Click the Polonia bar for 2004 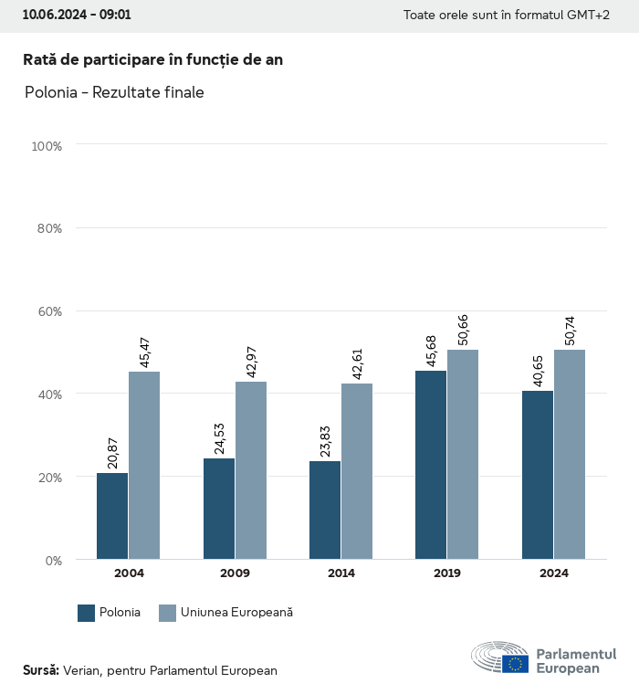tap(112, 516)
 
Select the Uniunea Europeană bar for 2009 tap(251, 470)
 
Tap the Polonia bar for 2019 tap(431, 465)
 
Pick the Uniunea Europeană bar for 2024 tap(570, 454)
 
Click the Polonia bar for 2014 tap(325, 510)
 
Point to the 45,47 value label tap(144, 352)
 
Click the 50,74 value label tap(571, 331)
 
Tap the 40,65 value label tap(538, 372)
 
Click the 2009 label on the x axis tap(236, 573)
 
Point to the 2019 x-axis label tap(447, 573)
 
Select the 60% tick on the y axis tap(47, 311)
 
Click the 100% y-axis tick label tap(46, 146)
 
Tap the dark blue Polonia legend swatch tap(87, 613)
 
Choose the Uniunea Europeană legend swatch tap(167, 613)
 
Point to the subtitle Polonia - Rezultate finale tap(114, 93)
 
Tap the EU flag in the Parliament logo tap(515, 664)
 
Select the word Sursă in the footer tap(41, 670)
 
